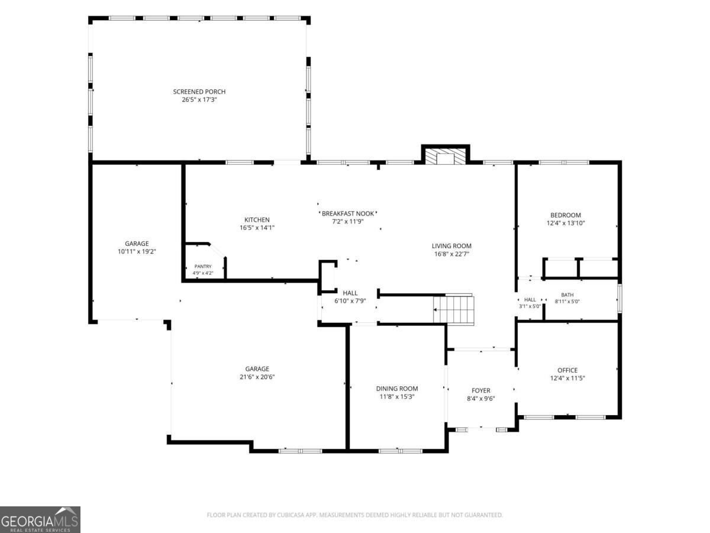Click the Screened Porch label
tap(199, 92)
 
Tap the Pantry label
tap(203, 266)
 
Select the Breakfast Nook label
tap(348, 214)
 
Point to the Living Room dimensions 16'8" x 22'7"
tap(451, 253)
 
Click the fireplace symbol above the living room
tap(446, 156)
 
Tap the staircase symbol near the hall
tap(453, 309)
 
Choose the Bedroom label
tap(566, 215)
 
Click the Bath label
tap(567, 295)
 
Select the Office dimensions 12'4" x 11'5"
tap(567, 378)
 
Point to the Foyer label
tap(481, 391)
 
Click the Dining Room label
tap(397, 388)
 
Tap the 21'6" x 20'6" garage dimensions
tap(257, 377)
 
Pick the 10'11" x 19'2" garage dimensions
tap(137, 252)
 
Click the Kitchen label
tap(257, 220)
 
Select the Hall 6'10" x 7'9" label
tap(350, 297)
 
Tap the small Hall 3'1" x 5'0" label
tap(530, 303)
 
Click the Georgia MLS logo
tap(40, 520)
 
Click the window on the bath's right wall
tap(619, 298)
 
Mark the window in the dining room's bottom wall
tap(401, 451)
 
